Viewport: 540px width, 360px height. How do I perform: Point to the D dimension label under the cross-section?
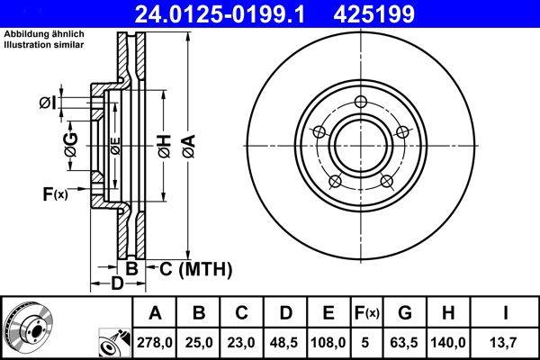(116, 285)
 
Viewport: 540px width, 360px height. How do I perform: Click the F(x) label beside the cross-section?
(54, 193)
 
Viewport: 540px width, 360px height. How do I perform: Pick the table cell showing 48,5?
(285, 342)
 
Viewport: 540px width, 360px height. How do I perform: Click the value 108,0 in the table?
(328, 342)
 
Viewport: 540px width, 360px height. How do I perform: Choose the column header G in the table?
(405, 313)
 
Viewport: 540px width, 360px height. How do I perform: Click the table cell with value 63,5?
(405, 342)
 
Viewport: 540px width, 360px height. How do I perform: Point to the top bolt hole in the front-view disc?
(361, 101)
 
